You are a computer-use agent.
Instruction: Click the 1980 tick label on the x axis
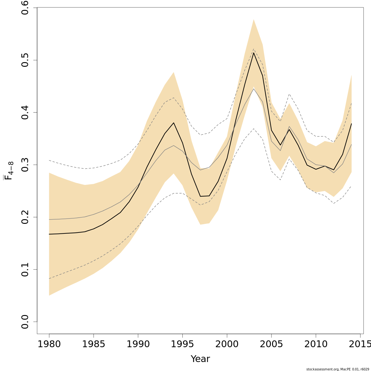pyautogui.click(x=49, y=344)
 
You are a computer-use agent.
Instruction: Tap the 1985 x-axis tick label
pyautogui.click(x=94, y=344)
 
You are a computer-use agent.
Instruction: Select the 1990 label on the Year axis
pyautogui.click(x=138, y=344)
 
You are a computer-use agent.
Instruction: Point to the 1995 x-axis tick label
pyautogui.click(x=182, y=344)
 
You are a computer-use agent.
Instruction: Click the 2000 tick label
pyautogui.click(x=227, y=344)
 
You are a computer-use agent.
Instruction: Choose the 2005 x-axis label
pyautogui.click(x=271, y=344)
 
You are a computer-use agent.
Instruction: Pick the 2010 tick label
pyautogui.click(x=316, y=344)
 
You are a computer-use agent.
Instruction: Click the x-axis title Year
pyautogui.click(x=200, y=359)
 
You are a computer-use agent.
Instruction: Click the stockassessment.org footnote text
pyautogui.click(x=338, y=369)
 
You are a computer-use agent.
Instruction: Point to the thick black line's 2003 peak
pyautogui.click(x=254, y=53)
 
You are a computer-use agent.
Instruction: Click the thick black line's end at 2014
pyautogui.click(x=352, y=124)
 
